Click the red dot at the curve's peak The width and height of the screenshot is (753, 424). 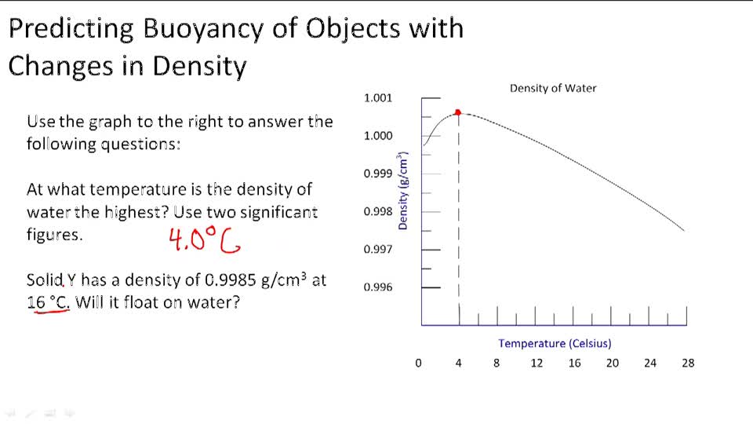pyautogui.click(x=458, y=112)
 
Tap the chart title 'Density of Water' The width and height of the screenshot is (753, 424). pyautogui.click(x=553, y=88)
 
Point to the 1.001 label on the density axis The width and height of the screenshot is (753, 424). pyautogui.click(x=377, y=98)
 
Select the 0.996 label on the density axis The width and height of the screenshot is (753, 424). pyautogui.click(x=377, y=287)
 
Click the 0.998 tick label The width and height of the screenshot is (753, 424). pyautogui.click(x=377, y=211)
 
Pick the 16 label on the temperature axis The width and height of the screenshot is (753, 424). pyautogui.click(x=574, y=363)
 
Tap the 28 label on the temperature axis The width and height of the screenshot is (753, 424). pyautogui.click(x=688, y=363)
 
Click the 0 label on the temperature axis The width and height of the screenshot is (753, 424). pyautogui.click(x=418, y=363)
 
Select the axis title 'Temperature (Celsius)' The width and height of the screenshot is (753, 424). pyautogui.click(x=555, y=343)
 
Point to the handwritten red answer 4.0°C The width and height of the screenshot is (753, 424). pyautogui.click(x=205, y=240)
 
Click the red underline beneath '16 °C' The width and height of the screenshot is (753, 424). pyautogui.click(x=52, y=311)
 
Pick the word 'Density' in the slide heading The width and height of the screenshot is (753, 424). pyautogui.click(x=199, y=66)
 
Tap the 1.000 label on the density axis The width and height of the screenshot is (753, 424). pyautogui.click(x=377, y=136)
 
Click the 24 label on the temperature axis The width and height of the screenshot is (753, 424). pyautogui.click(x=650, y=363)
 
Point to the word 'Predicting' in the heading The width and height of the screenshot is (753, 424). pyautogui.click(x=71, y=29)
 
